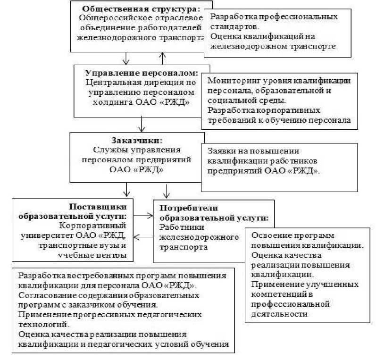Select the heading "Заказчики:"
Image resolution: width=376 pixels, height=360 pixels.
coord(137,140)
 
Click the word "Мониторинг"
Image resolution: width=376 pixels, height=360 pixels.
coord(231,81)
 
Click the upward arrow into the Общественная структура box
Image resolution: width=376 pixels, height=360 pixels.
coord(162,58)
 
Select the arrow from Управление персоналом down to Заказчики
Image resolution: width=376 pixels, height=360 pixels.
coord(141,124)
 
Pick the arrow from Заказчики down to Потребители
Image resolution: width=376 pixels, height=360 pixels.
coord(166,191)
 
